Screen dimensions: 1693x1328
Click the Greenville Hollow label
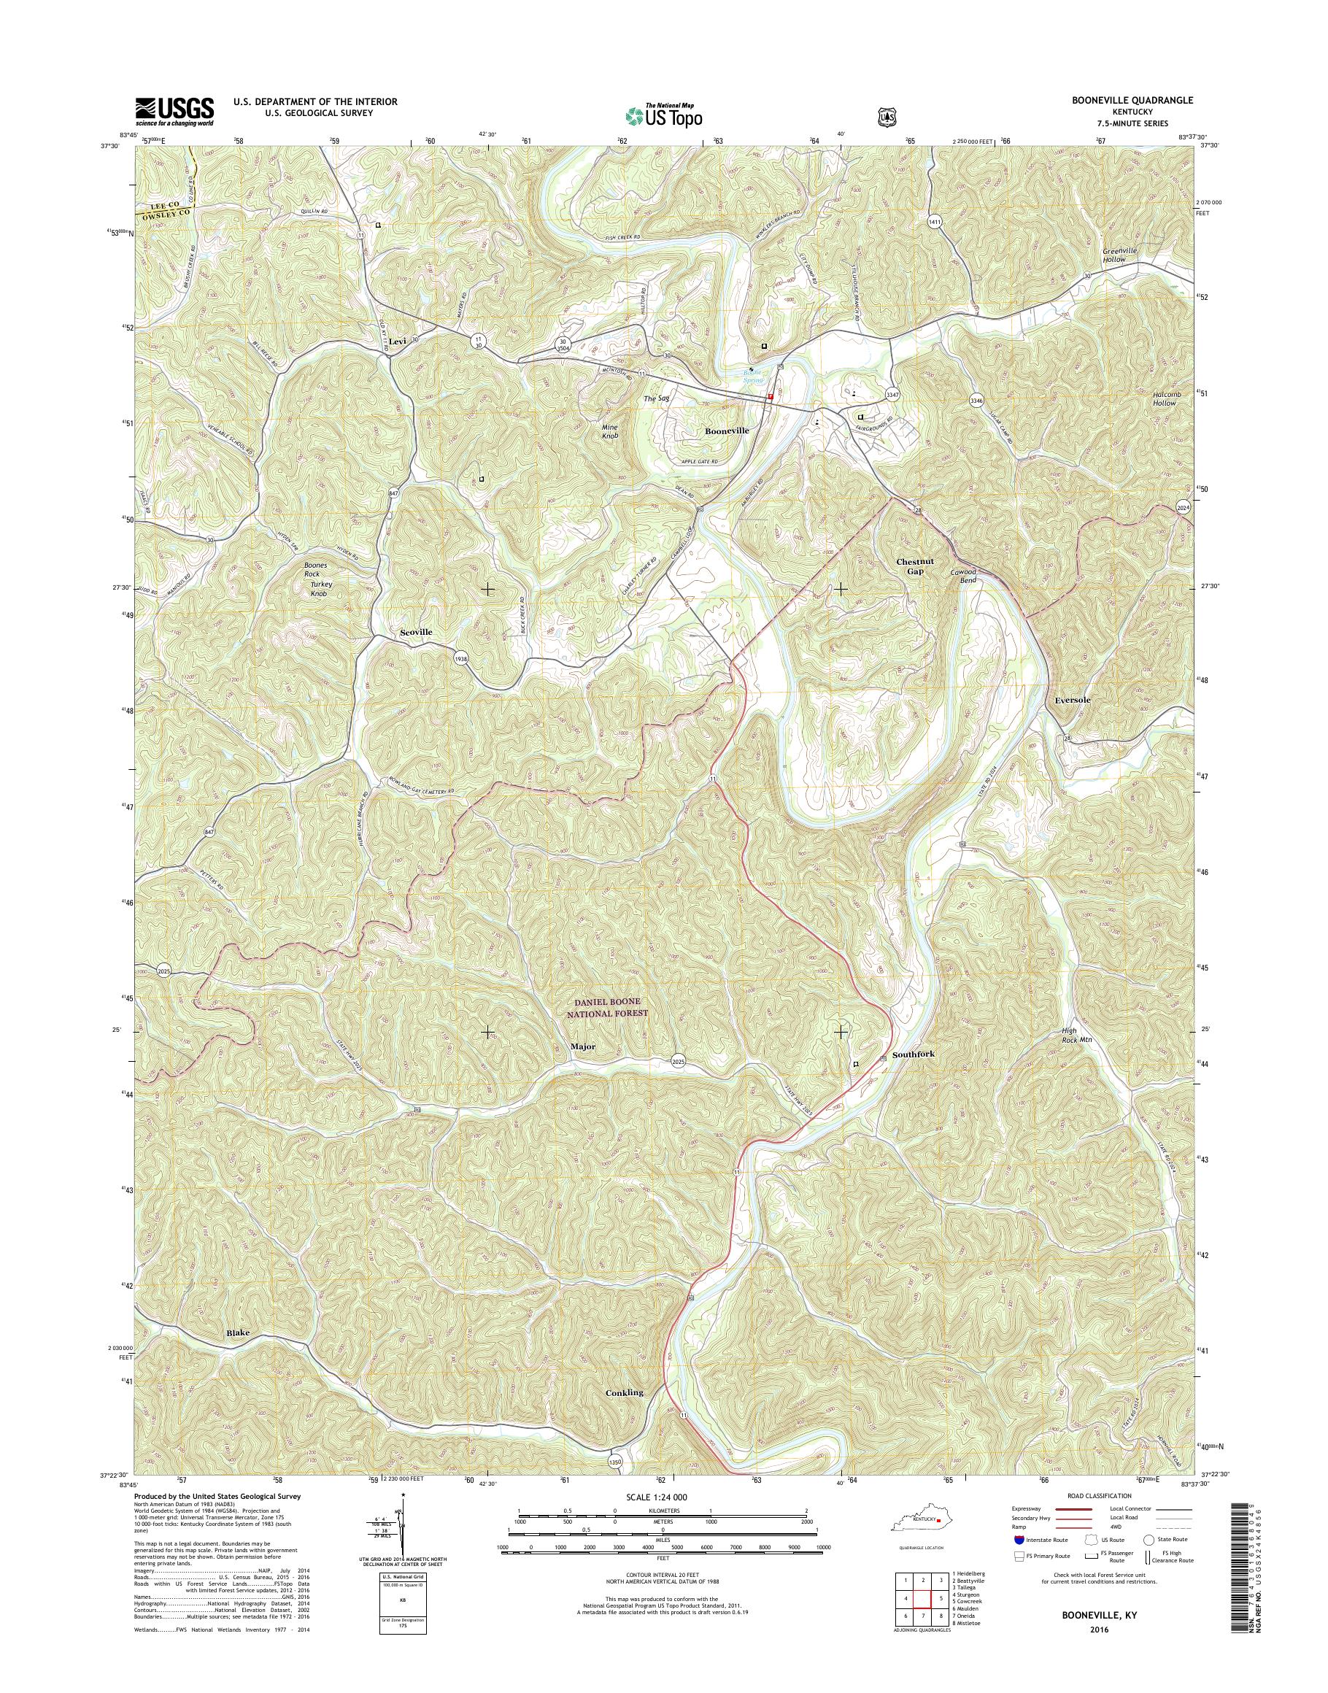[x=1124, y=254]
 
